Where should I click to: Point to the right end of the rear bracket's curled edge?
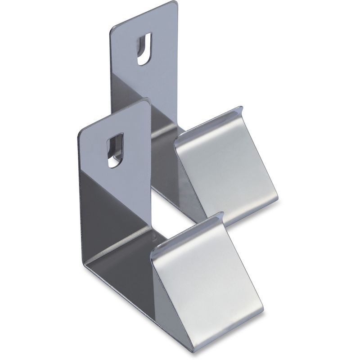241,108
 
